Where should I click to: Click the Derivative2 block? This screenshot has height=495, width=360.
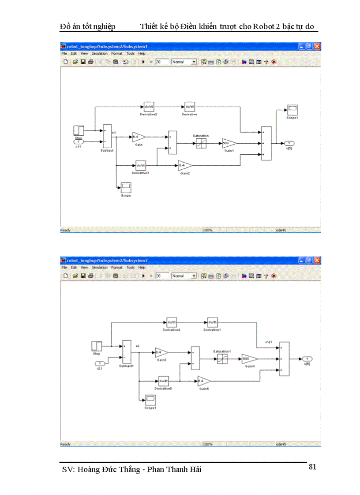(149, 107)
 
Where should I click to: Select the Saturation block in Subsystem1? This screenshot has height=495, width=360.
(200, 143)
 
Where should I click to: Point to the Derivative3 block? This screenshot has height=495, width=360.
(141, 166)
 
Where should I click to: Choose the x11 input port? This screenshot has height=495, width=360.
(79, 141)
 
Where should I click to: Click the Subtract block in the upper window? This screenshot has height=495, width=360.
(107, 136)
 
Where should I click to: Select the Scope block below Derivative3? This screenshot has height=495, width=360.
(126, 187)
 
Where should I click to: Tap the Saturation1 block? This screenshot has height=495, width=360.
(222, 359)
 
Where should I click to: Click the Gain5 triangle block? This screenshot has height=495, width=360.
(204, 381)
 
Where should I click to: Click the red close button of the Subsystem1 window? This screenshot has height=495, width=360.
(317, 46)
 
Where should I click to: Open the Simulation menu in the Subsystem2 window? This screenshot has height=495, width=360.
(100, 267)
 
